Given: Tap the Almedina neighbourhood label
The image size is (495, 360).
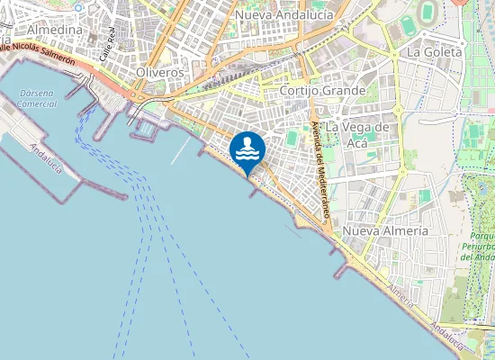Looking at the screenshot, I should (55, 30).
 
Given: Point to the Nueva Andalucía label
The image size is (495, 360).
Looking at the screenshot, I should (282, 15).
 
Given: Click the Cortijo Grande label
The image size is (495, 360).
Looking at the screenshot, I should (322, 91).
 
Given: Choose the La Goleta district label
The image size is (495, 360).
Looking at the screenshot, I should (435, 52).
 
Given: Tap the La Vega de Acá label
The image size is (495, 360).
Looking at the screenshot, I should (358, 134).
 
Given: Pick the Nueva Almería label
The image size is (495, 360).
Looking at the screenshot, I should (386, 231).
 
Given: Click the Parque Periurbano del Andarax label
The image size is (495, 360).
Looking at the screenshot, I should (477, 245).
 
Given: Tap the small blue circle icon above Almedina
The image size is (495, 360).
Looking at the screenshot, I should (78, 6).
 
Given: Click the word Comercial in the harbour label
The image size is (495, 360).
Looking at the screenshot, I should (38, 104).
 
